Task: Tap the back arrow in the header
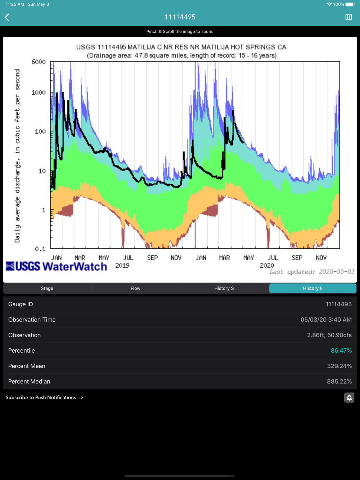(7, 17)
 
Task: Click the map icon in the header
(348, 17)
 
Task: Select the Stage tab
(47, 288)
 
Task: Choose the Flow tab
(135, 288)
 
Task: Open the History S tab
(224, 288)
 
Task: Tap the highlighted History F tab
(312, 288)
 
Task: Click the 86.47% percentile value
(341, 350)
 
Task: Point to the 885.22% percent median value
(339, 381)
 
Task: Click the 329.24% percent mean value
(339, 366)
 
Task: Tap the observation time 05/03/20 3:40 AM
(326, 320)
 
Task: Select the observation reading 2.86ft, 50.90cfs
(329, 335)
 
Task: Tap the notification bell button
(349, 398)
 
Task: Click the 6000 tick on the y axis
(39, 62)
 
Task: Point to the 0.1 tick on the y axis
(40, 249)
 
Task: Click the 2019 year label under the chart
(122, 266)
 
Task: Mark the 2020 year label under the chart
(267, 266)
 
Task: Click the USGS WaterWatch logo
(57, 266)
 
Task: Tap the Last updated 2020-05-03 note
(312, 272)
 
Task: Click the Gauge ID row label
(21, 304)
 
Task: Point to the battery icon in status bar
(350, 4)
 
